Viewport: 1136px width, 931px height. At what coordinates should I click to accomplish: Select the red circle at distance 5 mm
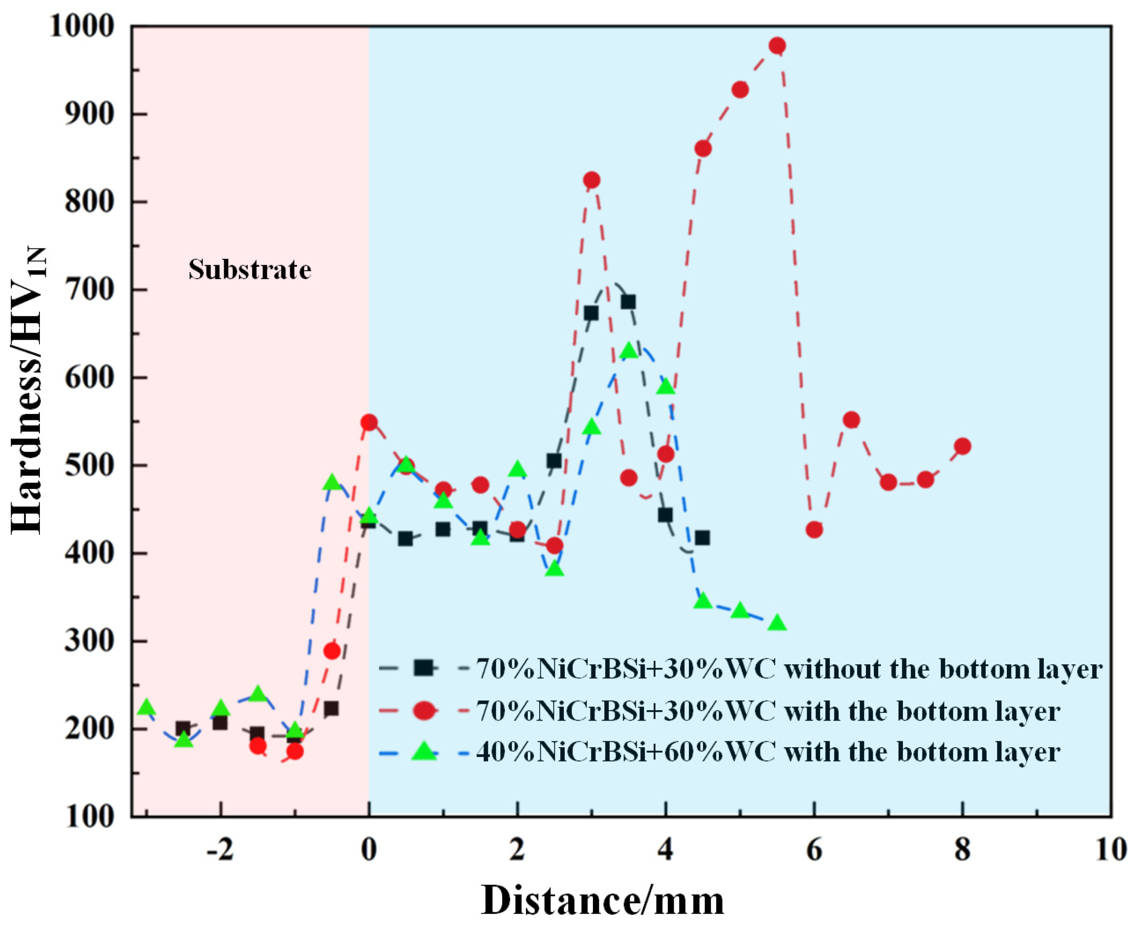740,90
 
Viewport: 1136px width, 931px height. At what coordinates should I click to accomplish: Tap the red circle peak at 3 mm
591,180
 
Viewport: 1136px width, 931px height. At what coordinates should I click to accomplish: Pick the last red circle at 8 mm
962,446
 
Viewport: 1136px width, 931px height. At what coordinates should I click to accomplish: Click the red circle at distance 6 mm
814,530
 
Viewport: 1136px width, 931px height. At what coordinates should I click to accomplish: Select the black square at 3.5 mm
628,302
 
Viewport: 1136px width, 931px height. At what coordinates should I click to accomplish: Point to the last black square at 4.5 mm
702,537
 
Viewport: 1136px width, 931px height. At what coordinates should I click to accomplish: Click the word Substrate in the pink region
249,270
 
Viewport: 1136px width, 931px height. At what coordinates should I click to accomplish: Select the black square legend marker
424,668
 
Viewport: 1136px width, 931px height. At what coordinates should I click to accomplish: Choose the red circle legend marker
424,711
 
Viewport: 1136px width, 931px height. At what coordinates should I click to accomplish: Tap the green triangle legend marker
424,751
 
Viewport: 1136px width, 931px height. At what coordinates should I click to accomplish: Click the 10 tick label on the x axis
1110,850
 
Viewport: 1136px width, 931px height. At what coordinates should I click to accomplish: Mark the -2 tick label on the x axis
219,850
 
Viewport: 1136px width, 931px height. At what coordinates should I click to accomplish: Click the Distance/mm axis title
602,901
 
